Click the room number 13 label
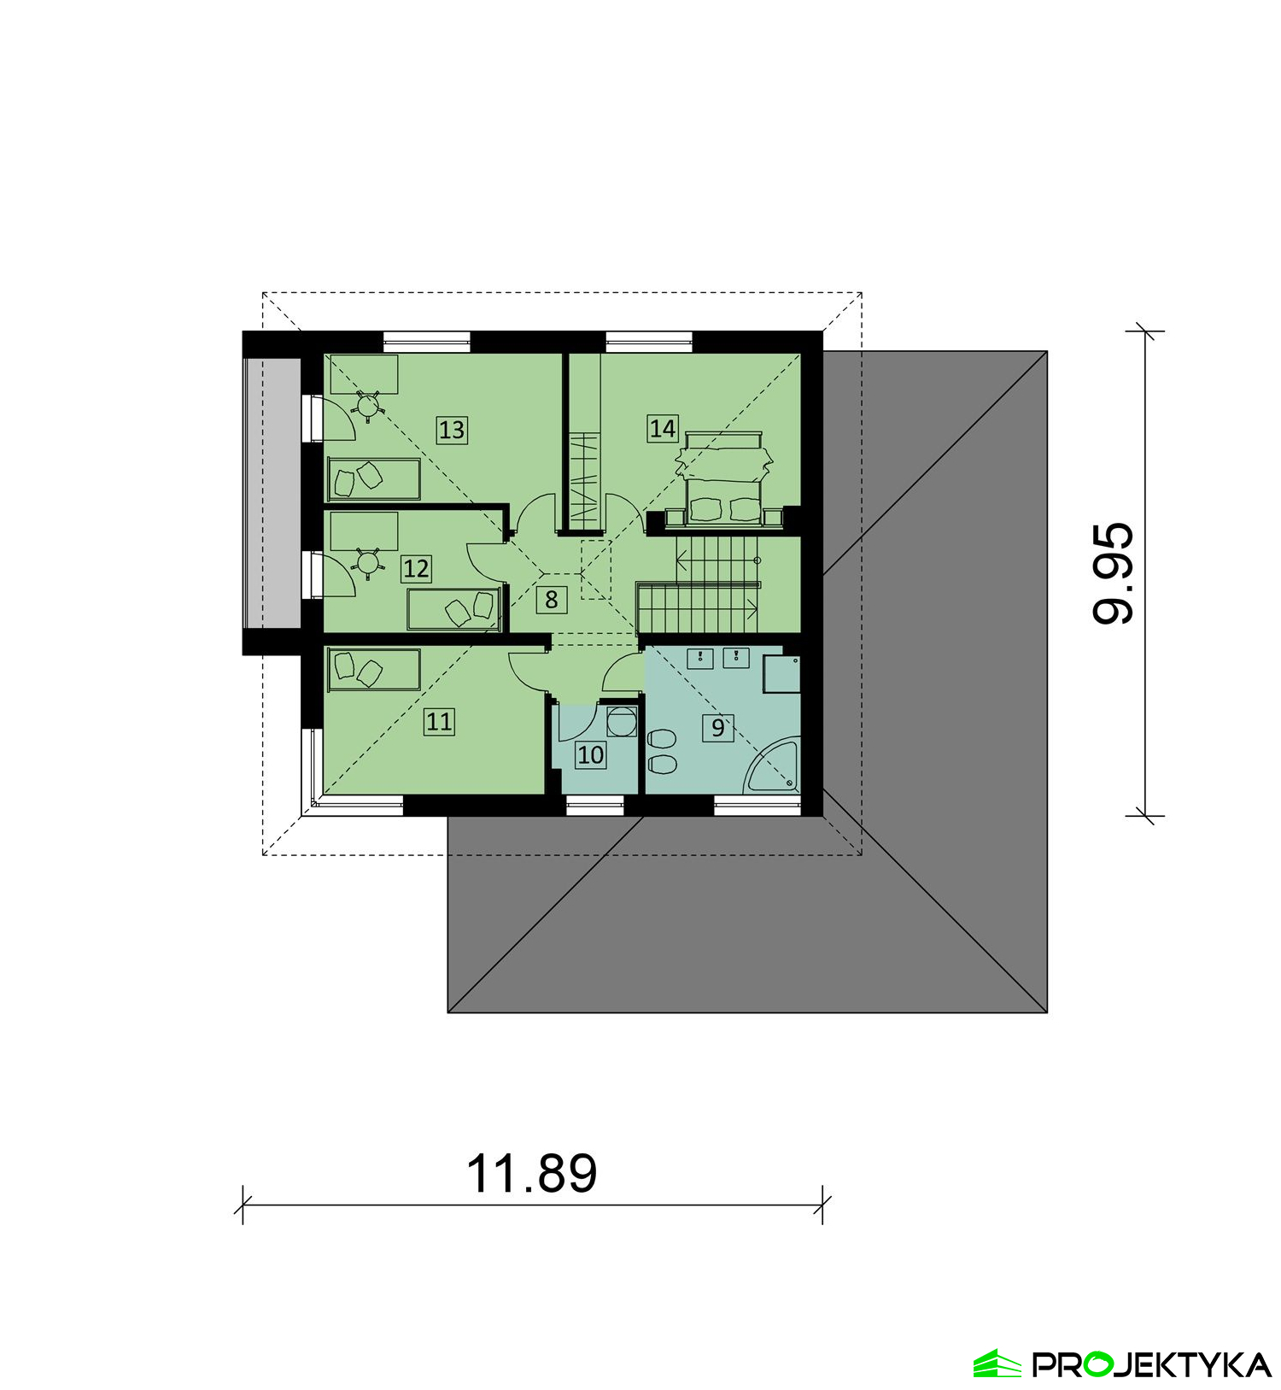tap(452, 429)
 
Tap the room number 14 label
tap(663, 428)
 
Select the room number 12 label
tap(416, 568)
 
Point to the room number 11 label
tap(439, 721)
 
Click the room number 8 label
tap(552, 600)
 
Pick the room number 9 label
tap(718, 727)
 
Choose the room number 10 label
tap(590, 754)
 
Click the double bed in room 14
tap(725, 478)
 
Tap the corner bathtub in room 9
tap(773, 766)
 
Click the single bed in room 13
tap(374, 478)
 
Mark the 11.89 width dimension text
tap(531, 1173)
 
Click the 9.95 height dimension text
tap(1114, 573)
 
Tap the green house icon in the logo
tap(997, 1364)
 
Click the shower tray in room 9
tap(781, 674)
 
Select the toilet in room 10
tap(621, 721)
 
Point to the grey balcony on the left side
tap(272, 493)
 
